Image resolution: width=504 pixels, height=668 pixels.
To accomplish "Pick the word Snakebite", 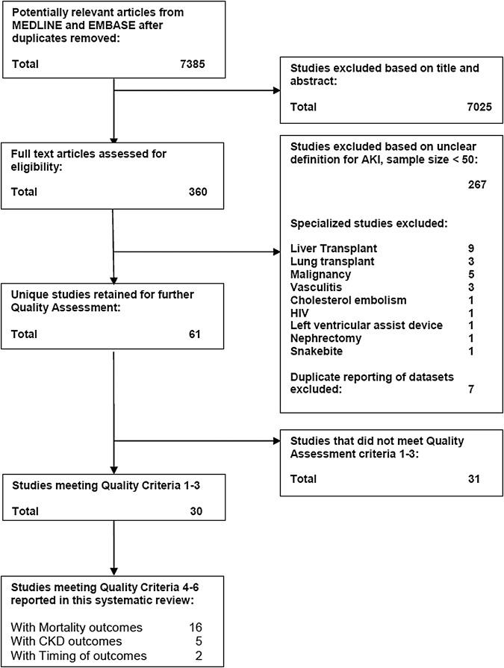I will (x=316, y=352).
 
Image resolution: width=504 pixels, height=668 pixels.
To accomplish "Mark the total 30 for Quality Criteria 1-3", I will (x=193, y=513).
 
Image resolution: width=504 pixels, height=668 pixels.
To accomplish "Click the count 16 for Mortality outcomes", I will (x=197, y=628).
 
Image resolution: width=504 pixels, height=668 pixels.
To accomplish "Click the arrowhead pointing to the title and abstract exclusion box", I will (x=276, y=93).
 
